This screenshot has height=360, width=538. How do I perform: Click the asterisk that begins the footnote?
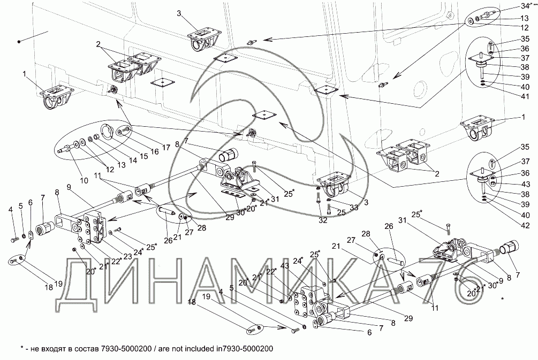point(21,348)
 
